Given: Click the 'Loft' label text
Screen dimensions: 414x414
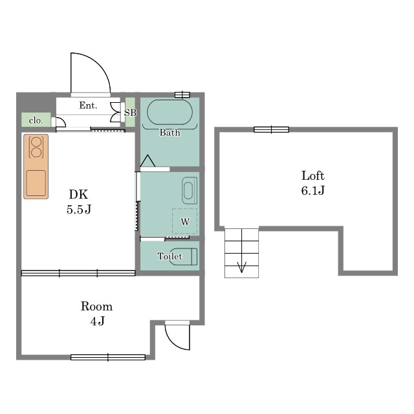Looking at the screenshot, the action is coord(313,176).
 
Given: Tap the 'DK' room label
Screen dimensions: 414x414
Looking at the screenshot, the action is coord(78,195).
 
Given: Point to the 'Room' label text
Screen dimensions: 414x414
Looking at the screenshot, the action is coord(96,307).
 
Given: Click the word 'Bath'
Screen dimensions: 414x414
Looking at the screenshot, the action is coord(169,132).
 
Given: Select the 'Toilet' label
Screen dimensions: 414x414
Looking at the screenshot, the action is coord(169,256).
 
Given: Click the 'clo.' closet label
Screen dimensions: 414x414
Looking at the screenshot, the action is coord(36,121).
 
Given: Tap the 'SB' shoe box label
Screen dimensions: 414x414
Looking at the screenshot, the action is coord(130,113).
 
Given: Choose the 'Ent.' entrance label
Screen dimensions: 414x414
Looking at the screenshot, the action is coord(88,105).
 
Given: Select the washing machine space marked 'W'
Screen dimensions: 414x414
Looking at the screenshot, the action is coord(185,221).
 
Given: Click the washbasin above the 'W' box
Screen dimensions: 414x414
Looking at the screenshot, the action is coord(190,191).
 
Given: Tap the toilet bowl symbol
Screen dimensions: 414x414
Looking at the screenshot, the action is coord(183,256).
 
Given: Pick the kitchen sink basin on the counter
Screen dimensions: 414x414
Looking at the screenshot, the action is coord(36,183).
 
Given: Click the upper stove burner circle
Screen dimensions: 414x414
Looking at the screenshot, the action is coord(36,142).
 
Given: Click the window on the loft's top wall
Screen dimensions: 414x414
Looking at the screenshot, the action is coord(271,129).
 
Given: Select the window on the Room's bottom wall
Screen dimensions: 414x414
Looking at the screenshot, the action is coord(108,357).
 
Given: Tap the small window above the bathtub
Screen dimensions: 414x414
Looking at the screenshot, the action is coord(182,94).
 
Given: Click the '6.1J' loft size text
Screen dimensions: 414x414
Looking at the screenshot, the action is coord(313,190).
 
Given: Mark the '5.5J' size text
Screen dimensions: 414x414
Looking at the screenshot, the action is coord(79,210).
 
